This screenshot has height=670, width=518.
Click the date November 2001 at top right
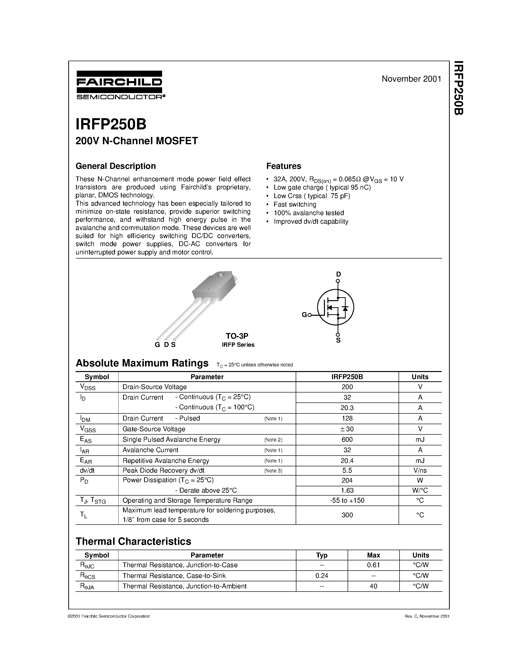pyautogui.click(x=411, y=79)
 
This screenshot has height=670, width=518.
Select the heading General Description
pyautogui.click(x=116, y=166)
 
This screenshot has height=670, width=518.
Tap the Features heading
pyautogui.click(x=283, y=166)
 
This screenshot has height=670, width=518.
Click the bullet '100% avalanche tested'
pyautogui.click(x=309, y=213)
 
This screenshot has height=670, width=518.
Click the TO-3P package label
pyautogui.click(x=237, y=336)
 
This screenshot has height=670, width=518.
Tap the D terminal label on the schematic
pyautogui.click(x=338, y=274)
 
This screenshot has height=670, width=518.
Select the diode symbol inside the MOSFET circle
pyautogui.click(x=345, y=308)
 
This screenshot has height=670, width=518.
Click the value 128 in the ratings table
pyautogui.click(x=347, y=418)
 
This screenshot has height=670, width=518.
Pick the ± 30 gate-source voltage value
pyautogui.click(x=347, y=429)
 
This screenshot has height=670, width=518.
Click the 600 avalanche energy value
pyautogui.click(x=347, y=440)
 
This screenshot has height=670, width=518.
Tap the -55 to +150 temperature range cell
pyautogui.click(x=347, y=500)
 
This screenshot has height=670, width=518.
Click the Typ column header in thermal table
pyautogui.click(x=322, y=555)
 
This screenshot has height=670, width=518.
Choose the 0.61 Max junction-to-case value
pyautogui.click(x=373, y=565)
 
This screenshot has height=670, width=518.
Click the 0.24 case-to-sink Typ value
pyautogui.click(x=322, y=575)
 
